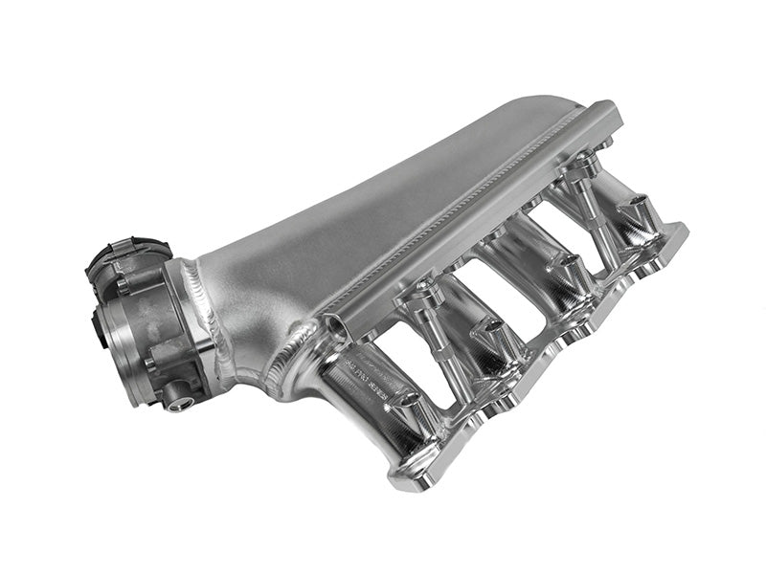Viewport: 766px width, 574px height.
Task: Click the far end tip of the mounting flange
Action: pos(682,231)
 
